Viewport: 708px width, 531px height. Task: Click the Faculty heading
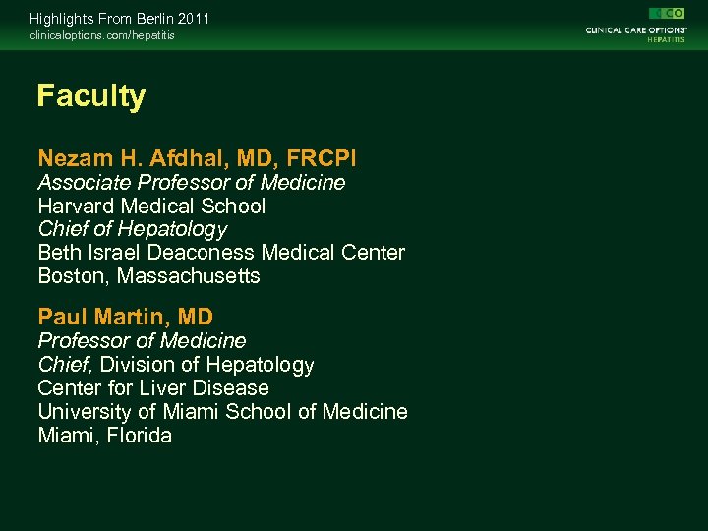click(90, 96)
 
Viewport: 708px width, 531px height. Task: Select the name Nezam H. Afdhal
click(132, 158)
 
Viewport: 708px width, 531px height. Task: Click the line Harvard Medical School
click(151, 206)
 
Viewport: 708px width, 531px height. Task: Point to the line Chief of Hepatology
click(132, 229)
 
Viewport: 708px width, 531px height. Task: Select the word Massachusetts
click(189, 276)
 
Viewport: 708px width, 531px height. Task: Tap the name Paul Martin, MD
click(125, 317)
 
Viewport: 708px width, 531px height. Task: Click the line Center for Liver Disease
click(152, 388)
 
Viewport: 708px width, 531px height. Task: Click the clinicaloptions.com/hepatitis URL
click(102, 36)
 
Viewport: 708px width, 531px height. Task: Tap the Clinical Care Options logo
click(635, 25)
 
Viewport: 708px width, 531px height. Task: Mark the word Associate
click(85, 183)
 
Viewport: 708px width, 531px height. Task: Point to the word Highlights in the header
click(59, 19)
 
